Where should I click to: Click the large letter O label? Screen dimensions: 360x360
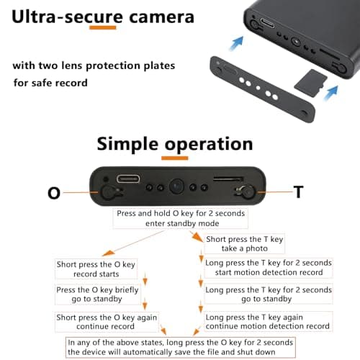coord(54,193)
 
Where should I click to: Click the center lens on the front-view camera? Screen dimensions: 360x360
coord(176,186)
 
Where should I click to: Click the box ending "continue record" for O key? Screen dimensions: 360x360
coord(97,322)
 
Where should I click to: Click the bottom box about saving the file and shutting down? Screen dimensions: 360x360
coord(199,347)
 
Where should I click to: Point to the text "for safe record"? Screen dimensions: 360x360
coord(50,83)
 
